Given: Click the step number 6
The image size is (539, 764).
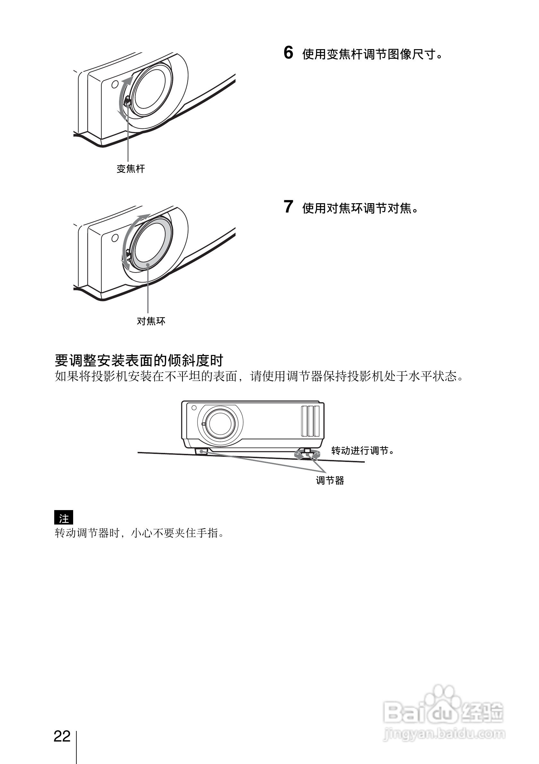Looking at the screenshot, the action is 288,53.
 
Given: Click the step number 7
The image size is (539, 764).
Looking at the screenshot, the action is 288,207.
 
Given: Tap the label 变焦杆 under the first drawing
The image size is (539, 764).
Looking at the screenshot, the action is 131,169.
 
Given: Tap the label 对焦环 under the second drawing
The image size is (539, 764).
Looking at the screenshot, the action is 151,321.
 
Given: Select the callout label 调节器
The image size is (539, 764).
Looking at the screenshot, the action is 330,481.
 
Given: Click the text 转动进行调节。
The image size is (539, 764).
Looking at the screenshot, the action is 363,451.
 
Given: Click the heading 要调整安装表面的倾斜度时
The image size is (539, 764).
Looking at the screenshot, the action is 139,360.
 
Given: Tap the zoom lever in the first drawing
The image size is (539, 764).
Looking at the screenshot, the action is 127,101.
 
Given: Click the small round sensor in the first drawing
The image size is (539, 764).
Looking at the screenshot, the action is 115,84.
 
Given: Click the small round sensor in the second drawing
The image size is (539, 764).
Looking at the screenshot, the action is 115,238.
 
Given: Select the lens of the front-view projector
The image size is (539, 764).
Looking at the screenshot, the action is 219,423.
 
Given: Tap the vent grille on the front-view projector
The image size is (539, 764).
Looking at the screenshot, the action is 310,421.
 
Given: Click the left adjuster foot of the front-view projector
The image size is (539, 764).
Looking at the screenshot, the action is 201,451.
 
